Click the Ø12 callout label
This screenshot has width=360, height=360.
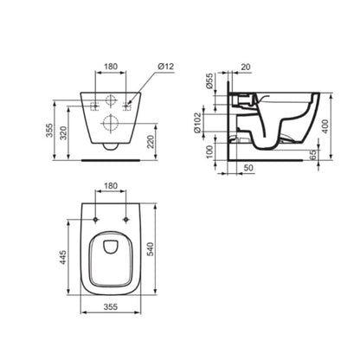pyautogui.click(x=166, y=67)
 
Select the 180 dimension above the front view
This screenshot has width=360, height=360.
pyautogui.click(x=111, y=67)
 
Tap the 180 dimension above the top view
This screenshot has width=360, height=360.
pyautogui.click(x=111, y=186)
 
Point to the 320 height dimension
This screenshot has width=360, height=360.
pyautogui.click(x=63, y=132)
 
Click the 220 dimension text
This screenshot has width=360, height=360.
pyautogui.click(x=151, y=142)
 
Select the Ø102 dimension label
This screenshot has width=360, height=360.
pyautogui.click(x=198, y=124)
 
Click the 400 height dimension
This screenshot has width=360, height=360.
pyautogui.click(x=325, y=126)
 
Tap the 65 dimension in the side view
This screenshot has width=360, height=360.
pyautogui.click(x=312, y=154)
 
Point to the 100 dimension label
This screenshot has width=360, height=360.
pyautogui.click(x=209, y=151)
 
